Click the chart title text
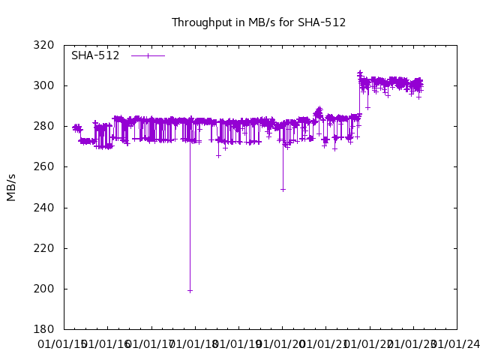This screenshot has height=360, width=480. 259,22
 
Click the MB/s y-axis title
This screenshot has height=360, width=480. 11,187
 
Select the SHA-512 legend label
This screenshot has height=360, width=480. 95,55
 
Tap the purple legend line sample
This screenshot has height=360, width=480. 148,55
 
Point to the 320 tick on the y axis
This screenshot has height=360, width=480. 43,45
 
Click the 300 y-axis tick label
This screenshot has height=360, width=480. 43,85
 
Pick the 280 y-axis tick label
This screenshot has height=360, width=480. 43,126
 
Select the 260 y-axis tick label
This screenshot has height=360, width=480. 43,166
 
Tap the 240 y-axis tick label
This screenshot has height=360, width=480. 43,208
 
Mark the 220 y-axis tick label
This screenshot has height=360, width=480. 43,248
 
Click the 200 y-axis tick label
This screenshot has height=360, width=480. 43,289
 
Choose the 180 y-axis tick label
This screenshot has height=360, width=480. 43,329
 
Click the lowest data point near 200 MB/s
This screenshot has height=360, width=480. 190,290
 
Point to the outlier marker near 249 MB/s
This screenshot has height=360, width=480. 283,189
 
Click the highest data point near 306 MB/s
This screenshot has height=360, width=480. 360,73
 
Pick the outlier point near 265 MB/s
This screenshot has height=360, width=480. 218,155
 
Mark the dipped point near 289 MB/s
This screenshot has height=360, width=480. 367,107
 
